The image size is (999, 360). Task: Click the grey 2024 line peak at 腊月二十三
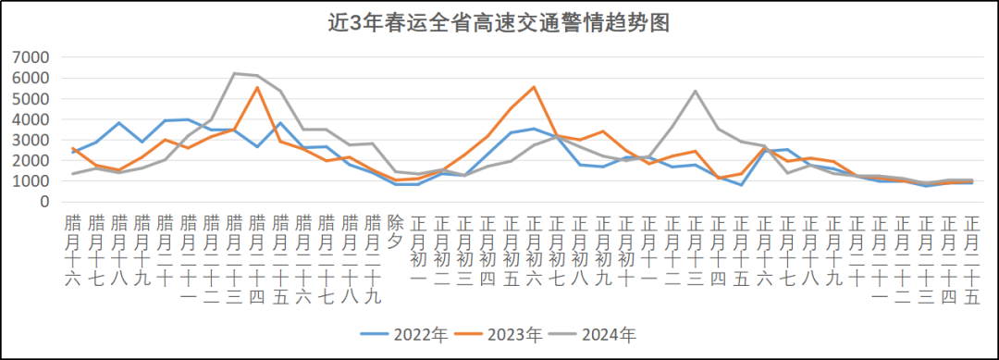(234, 73)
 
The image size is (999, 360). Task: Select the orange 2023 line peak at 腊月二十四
(257, 87)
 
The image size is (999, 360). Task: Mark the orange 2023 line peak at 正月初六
(534, 87)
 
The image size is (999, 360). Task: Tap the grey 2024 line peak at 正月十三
(695, 91)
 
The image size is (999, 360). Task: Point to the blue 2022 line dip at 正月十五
(741, 185)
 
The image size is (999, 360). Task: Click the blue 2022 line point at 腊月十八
(118, 123)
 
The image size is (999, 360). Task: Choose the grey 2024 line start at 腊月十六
(72, 174)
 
